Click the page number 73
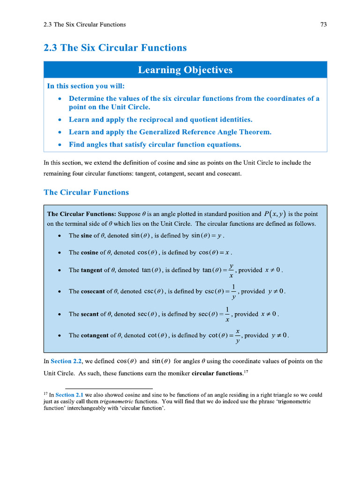(x=323, y=25)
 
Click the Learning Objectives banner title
(x=185, y=70)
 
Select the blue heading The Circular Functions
(x=86, y=192)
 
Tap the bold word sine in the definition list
(x=87, y=236)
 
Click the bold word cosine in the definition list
(x=90, y=253)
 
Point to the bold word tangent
(x=92, y=270)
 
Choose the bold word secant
(x=90, y=314)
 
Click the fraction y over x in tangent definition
(x=231, y=270)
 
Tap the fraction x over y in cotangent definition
(x=238, y=335)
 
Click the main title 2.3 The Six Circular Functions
(x=115, y=48)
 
